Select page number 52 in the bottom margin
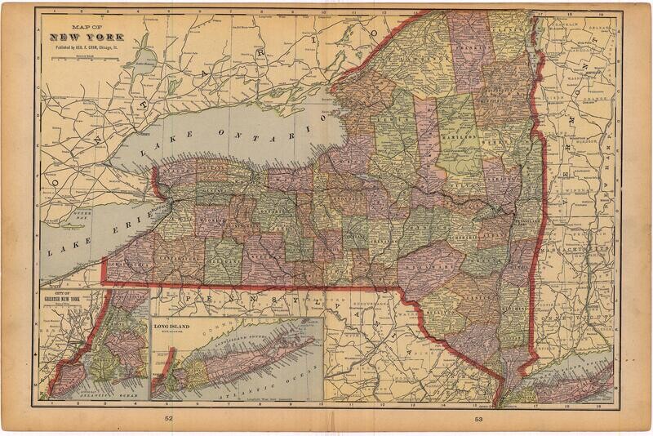pos(168,419)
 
